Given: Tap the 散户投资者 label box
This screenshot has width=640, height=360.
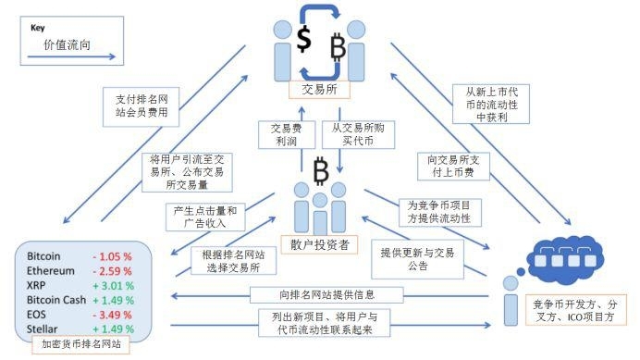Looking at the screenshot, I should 319,244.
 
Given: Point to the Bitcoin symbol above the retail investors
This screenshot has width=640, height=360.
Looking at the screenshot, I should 321,171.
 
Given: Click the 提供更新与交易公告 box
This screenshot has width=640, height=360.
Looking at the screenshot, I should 412,259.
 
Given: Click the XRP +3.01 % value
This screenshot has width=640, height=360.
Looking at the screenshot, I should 112,286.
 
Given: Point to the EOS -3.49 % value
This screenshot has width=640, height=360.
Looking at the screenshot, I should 112,315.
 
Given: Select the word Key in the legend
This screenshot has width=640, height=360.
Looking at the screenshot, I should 38,28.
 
